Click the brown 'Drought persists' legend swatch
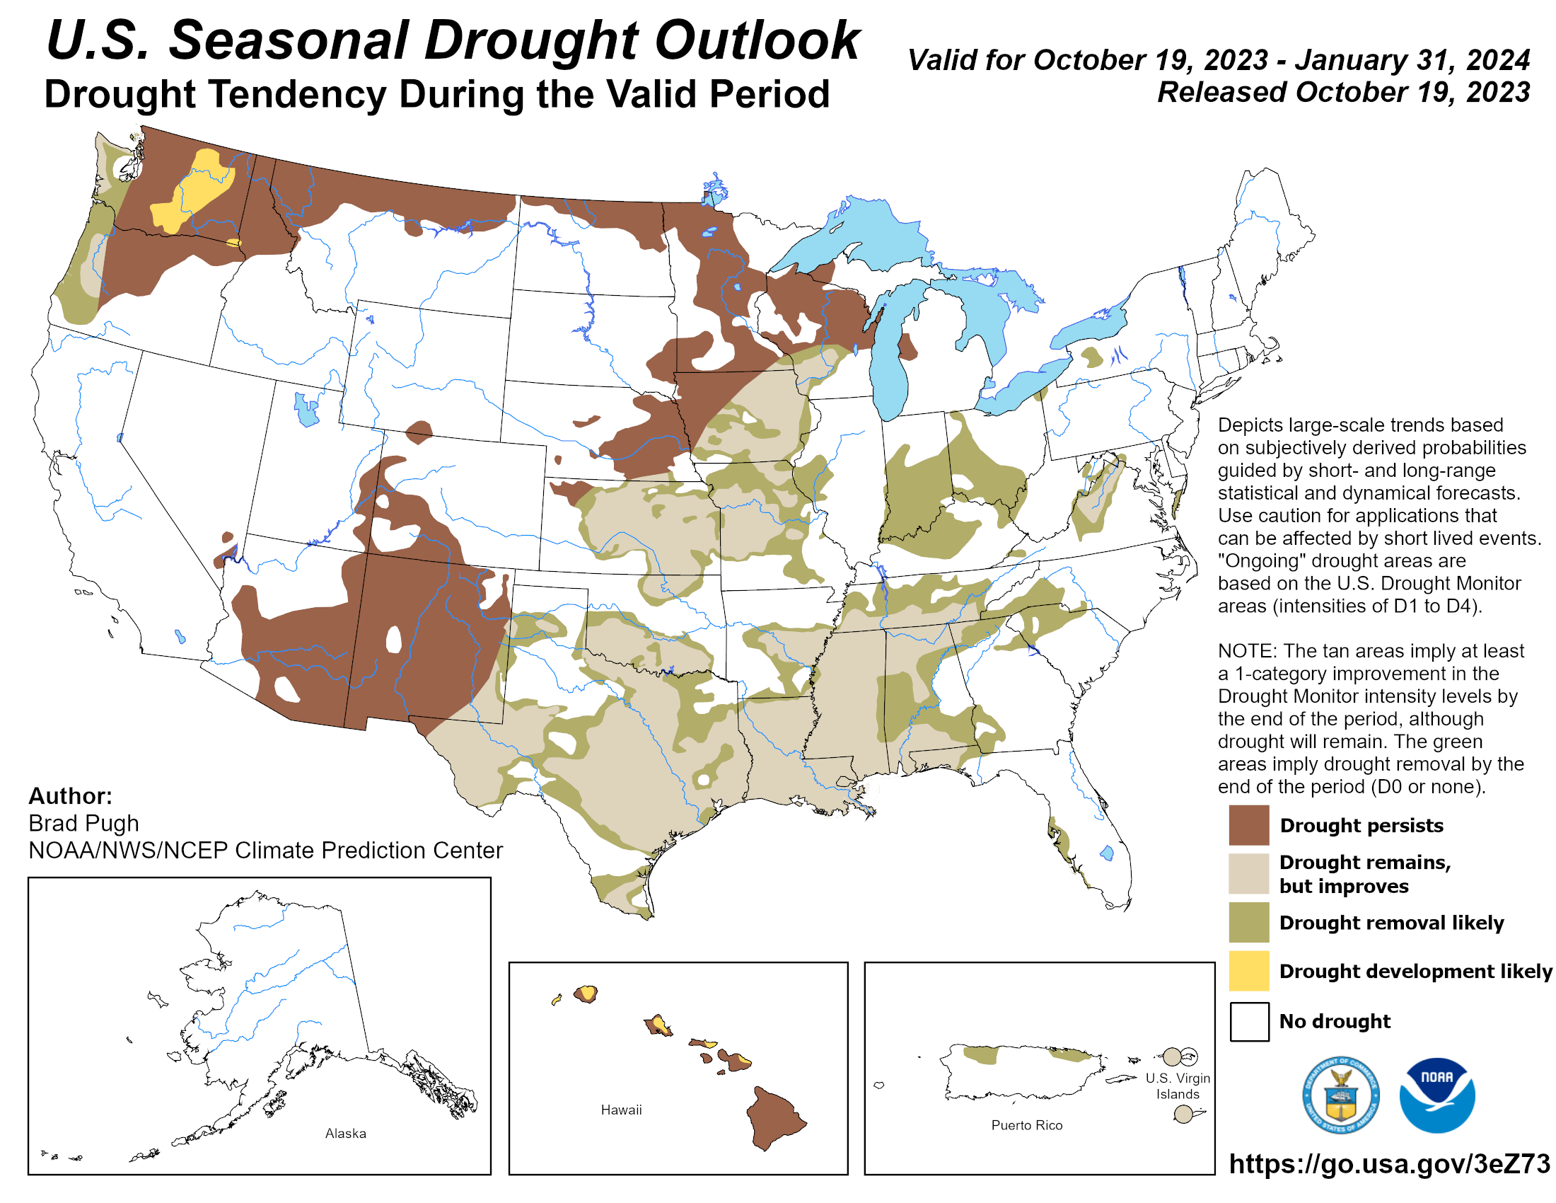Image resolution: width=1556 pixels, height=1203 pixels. pos(1248,824)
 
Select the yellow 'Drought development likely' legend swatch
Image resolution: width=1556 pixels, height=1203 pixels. pos(1248,971)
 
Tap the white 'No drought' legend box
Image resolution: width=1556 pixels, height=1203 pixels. pos(1248,1021)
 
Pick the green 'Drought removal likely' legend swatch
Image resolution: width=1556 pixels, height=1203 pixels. pos(1248,922)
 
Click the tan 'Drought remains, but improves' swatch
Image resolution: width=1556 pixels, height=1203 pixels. pos(1248,873)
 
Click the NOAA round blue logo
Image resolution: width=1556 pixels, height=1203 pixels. pos(1436,1095)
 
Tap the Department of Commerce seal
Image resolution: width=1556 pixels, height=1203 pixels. pos(1340,1095)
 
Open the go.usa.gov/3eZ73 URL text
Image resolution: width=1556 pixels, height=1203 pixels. pos(1388,1164)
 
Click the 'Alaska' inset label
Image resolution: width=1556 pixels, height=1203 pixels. pos(346,1133)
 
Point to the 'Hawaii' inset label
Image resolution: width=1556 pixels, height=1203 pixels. pos(620,1110)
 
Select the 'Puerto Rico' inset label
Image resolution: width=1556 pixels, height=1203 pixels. pos(1026,1125)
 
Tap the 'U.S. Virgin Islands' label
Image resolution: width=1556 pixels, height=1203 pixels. pos(1177,1086)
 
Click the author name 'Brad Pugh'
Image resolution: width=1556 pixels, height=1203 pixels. pos(83,823)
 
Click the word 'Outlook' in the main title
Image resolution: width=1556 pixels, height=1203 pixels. pos(757,40)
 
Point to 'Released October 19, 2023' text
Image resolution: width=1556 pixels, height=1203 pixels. pos(1343,93)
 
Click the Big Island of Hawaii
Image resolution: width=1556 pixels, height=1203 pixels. pos(774,1116)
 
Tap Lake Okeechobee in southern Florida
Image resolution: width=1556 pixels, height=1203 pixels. pos(1106,853)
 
